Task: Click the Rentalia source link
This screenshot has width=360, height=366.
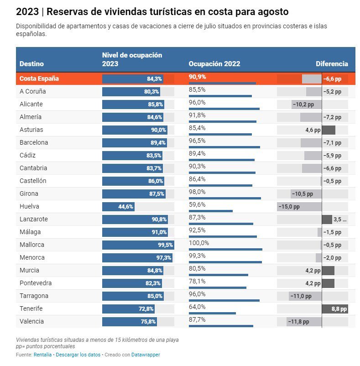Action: click(x=43, y=355)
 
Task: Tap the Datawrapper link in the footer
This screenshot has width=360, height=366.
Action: click(x=146, y=355)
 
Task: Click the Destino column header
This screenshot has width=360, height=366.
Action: click(x=31, y=64)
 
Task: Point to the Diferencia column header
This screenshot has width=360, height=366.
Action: click(x=332, y=64)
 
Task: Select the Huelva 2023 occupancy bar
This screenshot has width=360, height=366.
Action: click(x=118, y=207)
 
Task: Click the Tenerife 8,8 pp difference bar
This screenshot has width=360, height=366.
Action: click(x=335, y=309)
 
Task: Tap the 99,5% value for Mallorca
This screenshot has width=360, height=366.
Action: click(x=166, y=245)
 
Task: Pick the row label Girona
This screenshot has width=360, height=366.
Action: click(x=29, y=193)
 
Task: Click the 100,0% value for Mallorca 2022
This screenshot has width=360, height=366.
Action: click(x=199, y=243)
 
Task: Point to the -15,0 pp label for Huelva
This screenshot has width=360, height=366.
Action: click(x=289, y=207)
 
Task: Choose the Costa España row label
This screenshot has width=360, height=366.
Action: click(x=39, y=78)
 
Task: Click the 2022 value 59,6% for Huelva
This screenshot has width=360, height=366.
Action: click(x=197, y=204)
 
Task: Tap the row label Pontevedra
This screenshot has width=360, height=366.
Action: click(x=36, y=283)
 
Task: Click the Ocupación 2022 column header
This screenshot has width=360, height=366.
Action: click(x=214, y=64)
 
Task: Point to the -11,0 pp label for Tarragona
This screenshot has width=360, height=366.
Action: click(x=301, y=296)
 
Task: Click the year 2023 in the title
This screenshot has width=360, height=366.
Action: click(x=26, y=11)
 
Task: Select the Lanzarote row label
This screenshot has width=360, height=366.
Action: click(x=34, y=219)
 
